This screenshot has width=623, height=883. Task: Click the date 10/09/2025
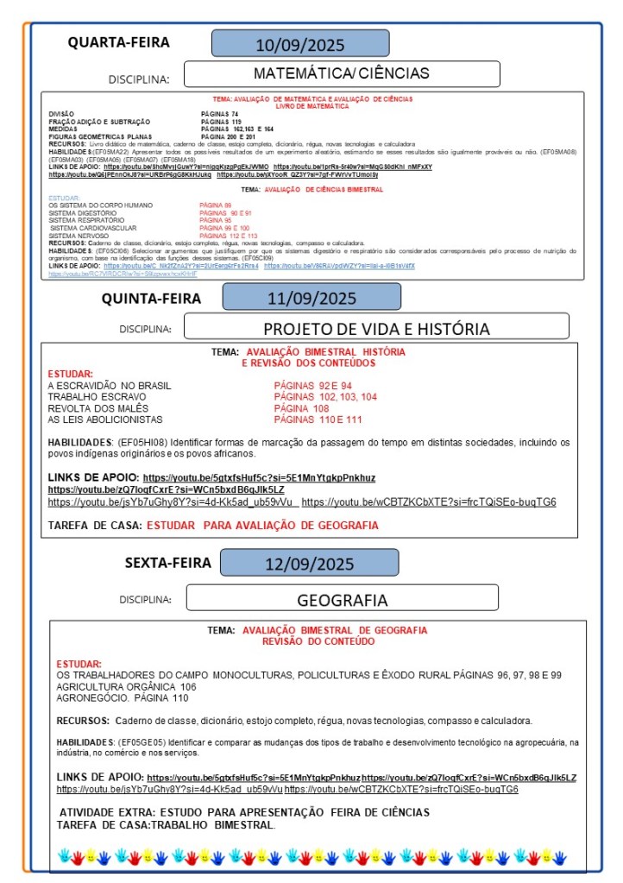(x=300, y=44)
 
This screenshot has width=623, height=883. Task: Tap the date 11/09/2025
(x=311, y=299)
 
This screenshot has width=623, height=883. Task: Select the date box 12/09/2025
(x=309, y=564)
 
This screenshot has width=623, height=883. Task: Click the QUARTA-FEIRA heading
(x=119, y=42)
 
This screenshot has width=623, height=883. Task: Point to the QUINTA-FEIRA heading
(x=152, y=299)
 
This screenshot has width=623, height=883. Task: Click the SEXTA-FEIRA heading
(x=167, y=563)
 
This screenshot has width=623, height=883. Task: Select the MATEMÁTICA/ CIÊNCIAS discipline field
(x=341, y=73)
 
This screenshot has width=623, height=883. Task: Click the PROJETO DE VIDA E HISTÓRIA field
(x=376, y=328)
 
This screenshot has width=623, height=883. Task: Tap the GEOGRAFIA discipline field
(x=342, y=600)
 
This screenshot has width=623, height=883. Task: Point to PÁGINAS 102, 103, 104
(x=325, y=397)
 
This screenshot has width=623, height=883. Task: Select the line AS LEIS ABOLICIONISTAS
(x=105, y=419)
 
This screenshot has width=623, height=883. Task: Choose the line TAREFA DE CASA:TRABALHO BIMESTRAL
(x=166, y=824)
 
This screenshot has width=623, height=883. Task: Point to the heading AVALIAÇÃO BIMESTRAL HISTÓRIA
(x=325, y=352)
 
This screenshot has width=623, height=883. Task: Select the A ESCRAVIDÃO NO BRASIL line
(x=110, y=385)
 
